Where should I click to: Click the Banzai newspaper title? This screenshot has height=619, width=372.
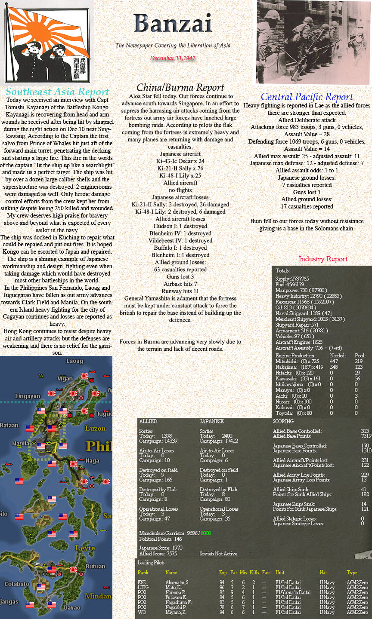tap(173, 23)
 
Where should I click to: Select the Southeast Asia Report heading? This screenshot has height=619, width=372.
tap(57, 92)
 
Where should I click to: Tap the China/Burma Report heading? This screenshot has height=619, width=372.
tap(180, 88)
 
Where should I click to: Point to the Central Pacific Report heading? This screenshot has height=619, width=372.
tap(307, 97)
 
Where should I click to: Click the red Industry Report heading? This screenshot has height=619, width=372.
tap(322, 259)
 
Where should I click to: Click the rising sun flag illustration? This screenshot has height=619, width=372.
tap(47, 41)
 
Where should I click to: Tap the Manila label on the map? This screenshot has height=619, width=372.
tap(21, 443)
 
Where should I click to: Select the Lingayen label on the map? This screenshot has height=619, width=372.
tap(28, 396)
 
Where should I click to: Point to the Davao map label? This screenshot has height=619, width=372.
tap(72, 607)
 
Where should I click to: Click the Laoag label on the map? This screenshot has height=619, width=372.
tap(74, 361)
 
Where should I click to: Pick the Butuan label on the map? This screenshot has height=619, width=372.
tap(95, 566)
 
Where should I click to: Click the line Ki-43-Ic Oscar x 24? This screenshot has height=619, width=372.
tap(180, 161)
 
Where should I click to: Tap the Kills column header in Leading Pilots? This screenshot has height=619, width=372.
tap(254, 573)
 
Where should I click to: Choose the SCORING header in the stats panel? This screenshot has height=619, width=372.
tap(283, 421)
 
